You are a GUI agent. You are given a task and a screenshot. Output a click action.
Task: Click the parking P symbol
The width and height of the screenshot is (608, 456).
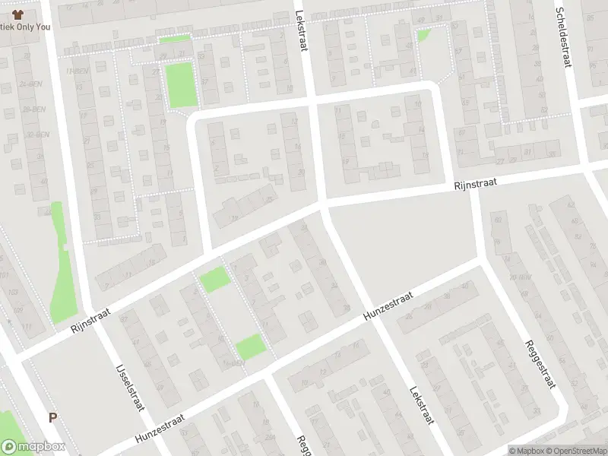(52, 417)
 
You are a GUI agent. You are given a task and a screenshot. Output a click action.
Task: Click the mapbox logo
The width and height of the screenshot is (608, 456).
(33, 448)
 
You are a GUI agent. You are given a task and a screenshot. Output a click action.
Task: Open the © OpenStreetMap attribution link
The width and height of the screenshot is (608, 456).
(578, 451)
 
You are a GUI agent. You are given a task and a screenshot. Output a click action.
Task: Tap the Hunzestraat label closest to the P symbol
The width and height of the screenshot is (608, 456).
(162, 428)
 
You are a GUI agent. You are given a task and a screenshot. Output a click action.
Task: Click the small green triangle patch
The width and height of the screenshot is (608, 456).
(423, 34)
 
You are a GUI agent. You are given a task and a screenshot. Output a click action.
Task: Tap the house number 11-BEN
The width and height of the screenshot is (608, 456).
(74, 71)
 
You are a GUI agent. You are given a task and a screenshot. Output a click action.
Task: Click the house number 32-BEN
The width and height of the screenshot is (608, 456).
(33, 134)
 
